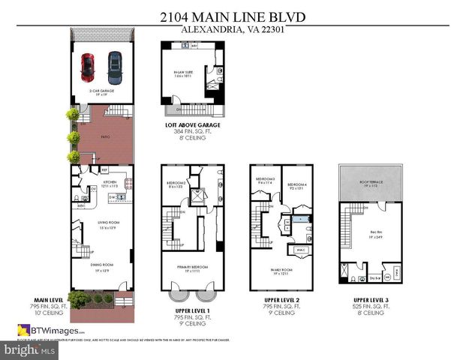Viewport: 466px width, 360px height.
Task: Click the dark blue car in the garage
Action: click(115, 67)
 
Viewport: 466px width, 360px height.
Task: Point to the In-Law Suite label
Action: click(174, 74)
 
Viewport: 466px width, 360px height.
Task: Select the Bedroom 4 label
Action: click(293, 185)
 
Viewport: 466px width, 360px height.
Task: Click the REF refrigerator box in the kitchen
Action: click(106, 169)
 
